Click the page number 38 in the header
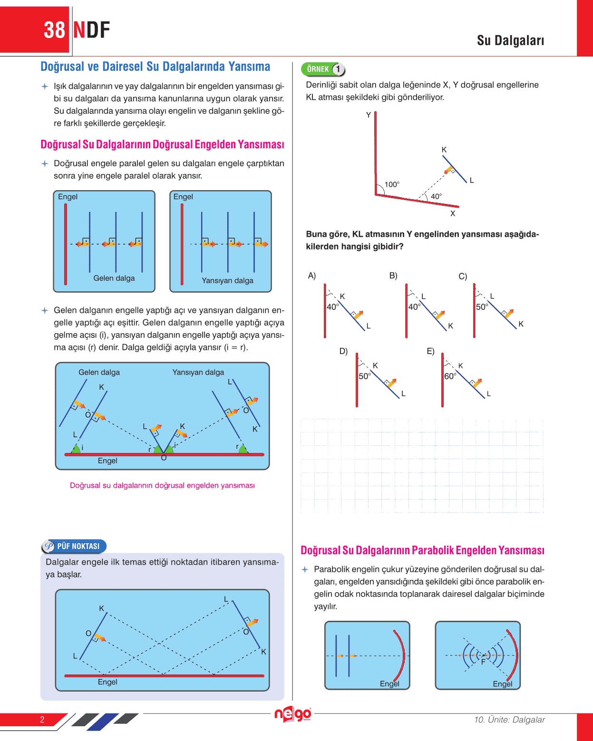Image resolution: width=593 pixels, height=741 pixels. tap(54, 30)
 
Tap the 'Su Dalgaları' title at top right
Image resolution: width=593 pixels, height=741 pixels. tap(510, 41)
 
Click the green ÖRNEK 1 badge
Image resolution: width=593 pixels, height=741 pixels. tap(323, 69)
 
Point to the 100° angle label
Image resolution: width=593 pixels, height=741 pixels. tap(392, 184)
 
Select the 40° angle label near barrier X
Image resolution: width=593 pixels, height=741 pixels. tap(436, 196)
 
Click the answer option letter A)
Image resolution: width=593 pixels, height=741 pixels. tap(312, 276)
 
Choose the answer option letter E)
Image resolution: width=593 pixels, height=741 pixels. tap(430, 351)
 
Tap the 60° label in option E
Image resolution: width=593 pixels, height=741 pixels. tap(450, 376)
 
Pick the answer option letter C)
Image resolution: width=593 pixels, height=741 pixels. tap(463, 276)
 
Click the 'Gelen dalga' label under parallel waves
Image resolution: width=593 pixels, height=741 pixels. tap(114, 278)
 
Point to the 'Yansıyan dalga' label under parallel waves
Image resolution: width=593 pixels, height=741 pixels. tap(227, 280)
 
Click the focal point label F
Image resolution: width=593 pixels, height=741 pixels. tap(483, 662)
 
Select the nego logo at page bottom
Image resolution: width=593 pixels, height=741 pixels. tap(292, 714)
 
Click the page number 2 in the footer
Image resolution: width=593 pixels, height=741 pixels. tap(42, 720)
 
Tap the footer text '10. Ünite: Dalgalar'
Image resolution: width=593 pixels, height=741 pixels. tap(509, 720)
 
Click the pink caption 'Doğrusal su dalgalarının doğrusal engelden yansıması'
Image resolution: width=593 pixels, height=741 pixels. tap(162, 485)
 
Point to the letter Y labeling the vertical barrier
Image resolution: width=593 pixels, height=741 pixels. tap(368, 115)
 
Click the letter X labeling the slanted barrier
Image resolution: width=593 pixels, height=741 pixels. tap(453, 214)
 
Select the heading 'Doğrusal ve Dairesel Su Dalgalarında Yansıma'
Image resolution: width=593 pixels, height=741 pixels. tap(155, 67)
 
